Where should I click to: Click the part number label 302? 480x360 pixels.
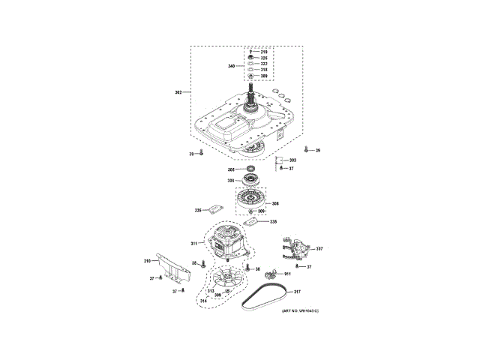(x=178, y=92)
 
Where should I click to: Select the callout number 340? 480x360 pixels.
(x=231, y=67)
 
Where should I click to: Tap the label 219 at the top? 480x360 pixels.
(x=264, y=51)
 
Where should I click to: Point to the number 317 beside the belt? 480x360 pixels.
(x=296, y=292)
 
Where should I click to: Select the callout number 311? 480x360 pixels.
(x=193, y=244)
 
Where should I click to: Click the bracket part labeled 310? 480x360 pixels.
(x=171, y=266)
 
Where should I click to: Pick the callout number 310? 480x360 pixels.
(x=148, y=260)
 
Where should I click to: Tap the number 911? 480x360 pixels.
(x=287, y=274)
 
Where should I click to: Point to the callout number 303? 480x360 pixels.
(x=292, y=160)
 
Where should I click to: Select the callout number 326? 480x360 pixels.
(x=264, y=58)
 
